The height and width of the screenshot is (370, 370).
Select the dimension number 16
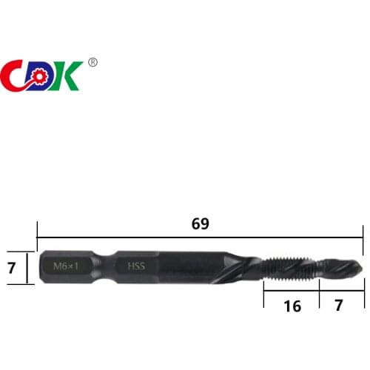(x=292, y=305)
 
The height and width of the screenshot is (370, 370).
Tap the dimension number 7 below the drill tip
(x=340, y=305)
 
